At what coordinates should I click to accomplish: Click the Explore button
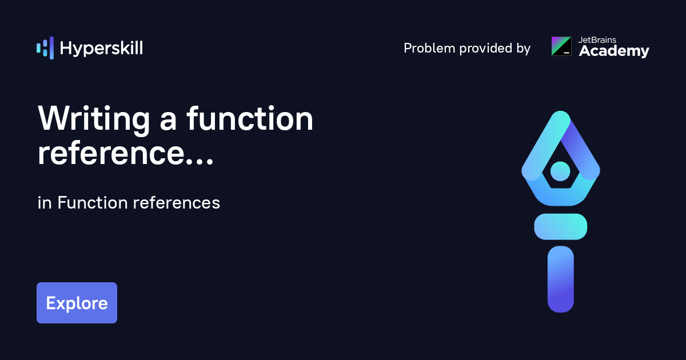click(x=77, y=303)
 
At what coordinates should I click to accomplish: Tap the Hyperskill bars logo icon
click(x=45, y=48)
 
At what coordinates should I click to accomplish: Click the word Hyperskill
click(x=101, y=49)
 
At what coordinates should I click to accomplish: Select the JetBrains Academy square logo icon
click(x=561, y=46)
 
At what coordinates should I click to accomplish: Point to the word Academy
click(x=614, y=51)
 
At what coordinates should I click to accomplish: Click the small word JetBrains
click(x=597, y=40)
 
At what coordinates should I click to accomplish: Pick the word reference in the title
click(x=111, y=153)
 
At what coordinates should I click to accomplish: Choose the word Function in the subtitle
click(x=93, y=203)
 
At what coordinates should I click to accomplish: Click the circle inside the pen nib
click(x=560, y=171)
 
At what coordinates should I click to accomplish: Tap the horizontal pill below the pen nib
click(x=561, y=226)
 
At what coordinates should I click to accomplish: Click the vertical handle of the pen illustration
click(x=561, y=279)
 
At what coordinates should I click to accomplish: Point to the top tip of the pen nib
click(x=561, y=111)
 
